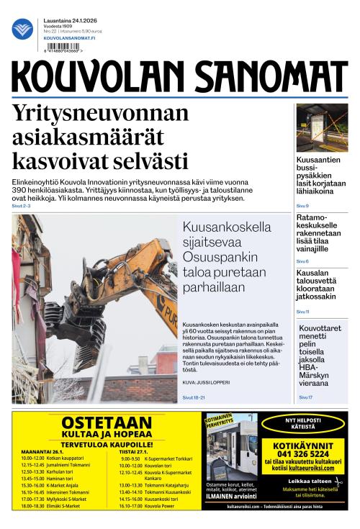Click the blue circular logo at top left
(x=22, y=29)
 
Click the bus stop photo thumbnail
(x=322, y=127)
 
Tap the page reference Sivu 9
(x=302, y=206)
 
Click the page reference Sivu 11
(x=303, y=312)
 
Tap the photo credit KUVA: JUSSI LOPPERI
(x=206, y=382)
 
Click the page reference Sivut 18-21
(x=194, y=397)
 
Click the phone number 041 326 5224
(x=301, y=454)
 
